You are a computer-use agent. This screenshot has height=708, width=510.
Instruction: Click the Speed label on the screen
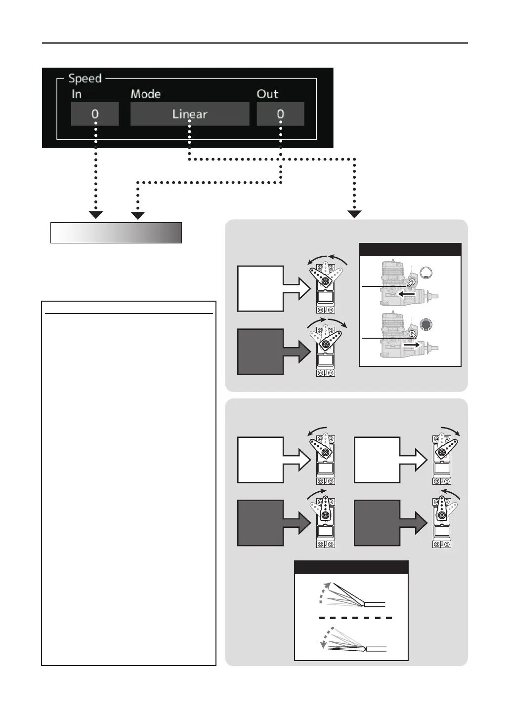(x=85, y=79)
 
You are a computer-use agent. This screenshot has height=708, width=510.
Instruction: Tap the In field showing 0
(x=95, y=114)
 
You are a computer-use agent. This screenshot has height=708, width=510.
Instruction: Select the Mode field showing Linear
(x=190, y=114)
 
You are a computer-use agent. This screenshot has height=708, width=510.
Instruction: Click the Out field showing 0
(x=280, y=114)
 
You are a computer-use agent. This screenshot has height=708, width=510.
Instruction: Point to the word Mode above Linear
(x=146, y=94)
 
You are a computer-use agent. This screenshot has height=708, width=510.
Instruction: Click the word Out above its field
(x=267, y=94)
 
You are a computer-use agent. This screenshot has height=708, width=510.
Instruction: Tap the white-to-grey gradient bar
(x=116, y=233)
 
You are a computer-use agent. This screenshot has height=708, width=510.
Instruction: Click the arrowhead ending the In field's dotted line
(x=95, y=215)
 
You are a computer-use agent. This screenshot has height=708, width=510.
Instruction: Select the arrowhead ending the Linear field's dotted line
(x=355, y=214)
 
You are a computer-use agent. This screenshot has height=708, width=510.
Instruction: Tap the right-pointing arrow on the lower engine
(x=411, y=346)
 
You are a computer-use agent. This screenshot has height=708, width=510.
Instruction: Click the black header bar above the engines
(x=410, y=249)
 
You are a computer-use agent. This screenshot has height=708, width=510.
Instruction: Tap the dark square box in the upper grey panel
(x=260, y=352)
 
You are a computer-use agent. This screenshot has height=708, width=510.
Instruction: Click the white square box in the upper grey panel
(x=260, y=288)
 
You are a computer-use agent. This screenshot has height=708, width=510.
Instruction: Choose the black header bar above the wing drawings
(x=351, y=567)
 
